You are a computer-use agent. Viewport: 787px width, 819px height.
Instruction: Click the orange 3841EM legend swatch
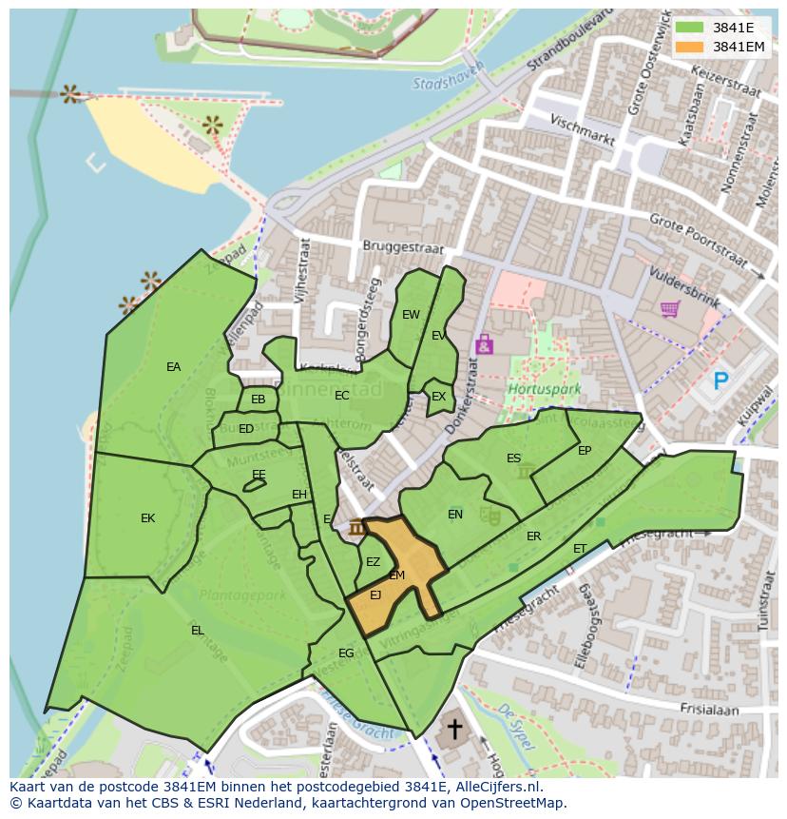tap(689, 47)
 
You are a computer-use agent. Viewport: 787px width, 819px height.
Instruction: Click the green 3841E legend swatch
tap(689, 27)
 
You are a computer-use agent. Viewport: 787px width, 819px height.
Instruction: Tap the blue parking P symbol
tap(721, 381)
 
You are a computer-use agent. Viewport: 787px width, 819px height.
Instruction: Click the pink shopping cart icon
tap(669, 309)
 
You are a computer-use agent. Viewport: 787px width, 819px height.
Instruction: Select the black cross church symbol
tap(455, 730)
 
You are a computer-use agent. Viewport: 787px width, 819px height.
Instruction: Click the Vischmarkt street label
tap(583, 128)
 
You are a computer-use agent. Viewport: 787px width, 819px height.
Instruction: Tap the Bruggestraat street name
tap(403, 245)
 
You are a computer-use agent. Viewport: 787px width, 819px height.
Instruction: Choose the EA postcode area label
tap(173, 367)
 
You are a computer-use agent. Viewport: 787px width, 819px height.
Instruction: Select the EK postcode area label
tap(147, 518)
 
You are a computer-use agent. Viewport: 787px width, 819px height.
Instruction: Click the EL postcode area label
tap(197, 630)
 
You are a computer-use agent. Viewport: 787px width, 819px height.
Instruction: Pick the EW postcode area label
tap(411, 315)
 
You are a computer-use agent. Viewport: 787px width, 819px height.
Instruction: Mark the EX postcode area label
tap(438, 397)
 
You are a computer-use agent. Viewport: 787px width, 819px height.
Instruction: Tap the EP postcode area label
tap(585, 451)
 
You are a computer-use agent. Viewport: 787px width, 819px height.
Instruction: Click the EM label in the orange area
tap(397, 575)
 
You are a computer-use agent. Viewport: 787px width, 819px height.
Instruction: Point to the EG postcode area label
tap(346, 653)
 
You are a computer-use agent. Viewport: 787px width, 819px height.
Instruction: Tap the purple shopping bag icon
tap(484, 343)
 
